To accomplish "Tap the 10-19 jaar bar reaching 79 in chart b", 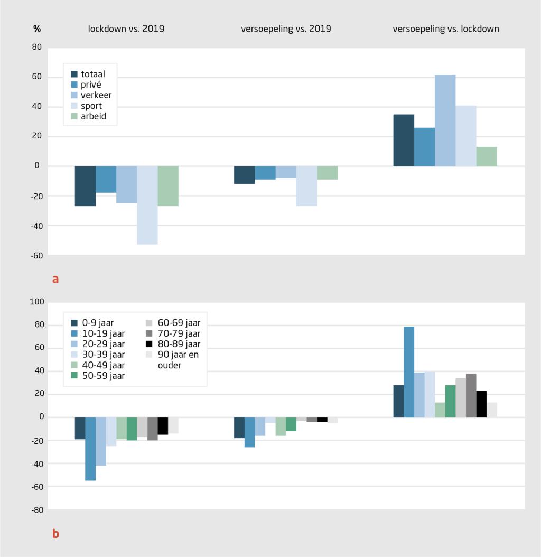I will coord(409,372).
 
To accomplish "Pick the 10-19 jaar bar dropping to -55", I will coord(90,449).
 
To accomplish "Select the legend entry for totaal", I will coord(88,74).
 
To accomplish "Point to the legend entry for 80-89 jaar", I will coord(172,344).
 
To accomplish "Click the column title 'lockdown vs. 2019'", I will coord(126,29).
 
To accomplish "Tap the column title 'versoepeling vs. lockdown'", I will coord(446,29).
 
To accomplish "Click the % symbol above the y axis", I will coord(37,29).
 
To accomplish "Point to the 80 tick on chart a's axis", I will coord(36,48).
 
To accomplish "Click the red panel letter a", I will coord(55,278).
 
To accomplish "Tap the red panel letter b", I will coord(55,534).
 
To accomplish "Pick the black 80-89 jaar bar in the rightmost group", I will coord(481,404).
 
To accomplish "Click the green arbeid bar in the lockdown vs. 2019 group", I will coord(168,186).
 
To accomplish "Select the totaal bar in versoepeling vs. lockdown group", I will coord(404,141).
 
